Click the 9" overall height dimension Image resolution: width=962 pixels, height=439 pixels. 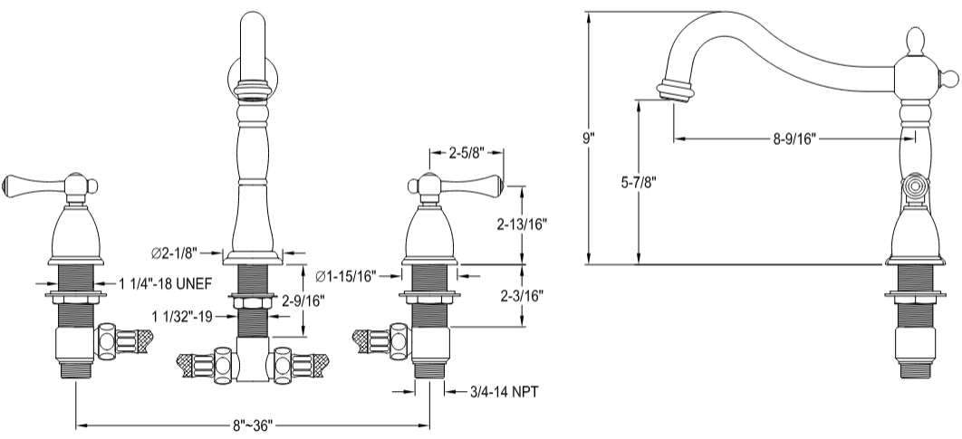pyautogui.click(x=589, y=139)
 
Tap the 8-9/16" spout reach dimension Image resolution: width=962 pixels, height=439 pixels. pyautogui.click(x=794, y=138)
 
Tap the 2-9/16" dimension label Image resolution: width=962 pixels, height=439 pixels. pyautogui.click(x=303, y=299)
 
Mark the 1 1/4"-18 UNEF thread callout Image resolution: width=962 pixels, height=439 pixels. pyautogui.click(x=165, y=283)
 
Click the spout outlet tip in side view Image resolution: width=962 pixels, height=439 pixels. pyautogui.click(x=674, y=91)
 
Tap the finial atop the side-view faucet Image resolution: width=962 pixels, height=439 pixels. pyautogui.click(x=914, y=42)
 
